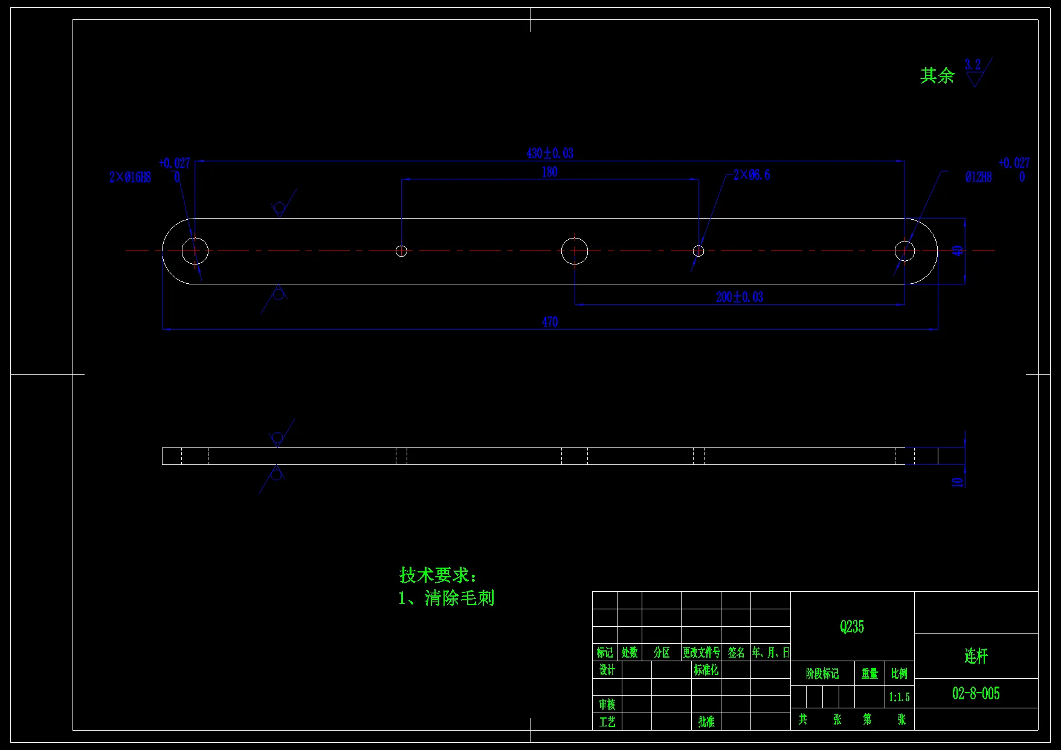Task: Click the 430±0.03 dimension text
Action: pos(550,153)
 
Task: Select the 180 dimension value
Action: pos(549,172)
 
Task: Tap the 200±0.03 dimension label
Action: pos(739,297)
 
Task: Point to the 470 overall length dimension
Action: pos(550,322)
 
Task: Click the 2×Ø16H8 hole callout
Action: pos(130,177)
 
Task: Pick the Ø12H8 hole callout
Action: pos(978,177)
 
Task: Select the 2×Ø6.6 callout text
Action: pos(752,175)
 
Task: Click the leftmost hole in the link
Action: pos(195,251)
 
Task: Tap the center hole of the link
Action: pos(574,251)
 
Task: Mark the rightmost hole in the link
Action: pos(905,251)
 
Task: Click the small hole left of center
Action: pos(401,251)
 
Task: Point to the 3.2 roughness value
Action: pos(972,64)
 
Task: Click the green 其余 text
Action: pos(937,75)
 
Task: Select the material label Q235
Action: pos(852,627)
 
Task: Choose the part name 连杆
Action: pos(976,656)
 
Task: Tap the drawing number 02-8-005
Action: pos(976,693)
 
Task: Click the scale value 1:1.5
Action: pos(899,697)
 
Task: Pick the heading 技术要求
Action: pos(437,575)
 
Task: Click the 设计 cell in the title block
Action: pos(607,670)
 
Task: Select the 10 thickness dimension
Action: pos(957,481)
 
